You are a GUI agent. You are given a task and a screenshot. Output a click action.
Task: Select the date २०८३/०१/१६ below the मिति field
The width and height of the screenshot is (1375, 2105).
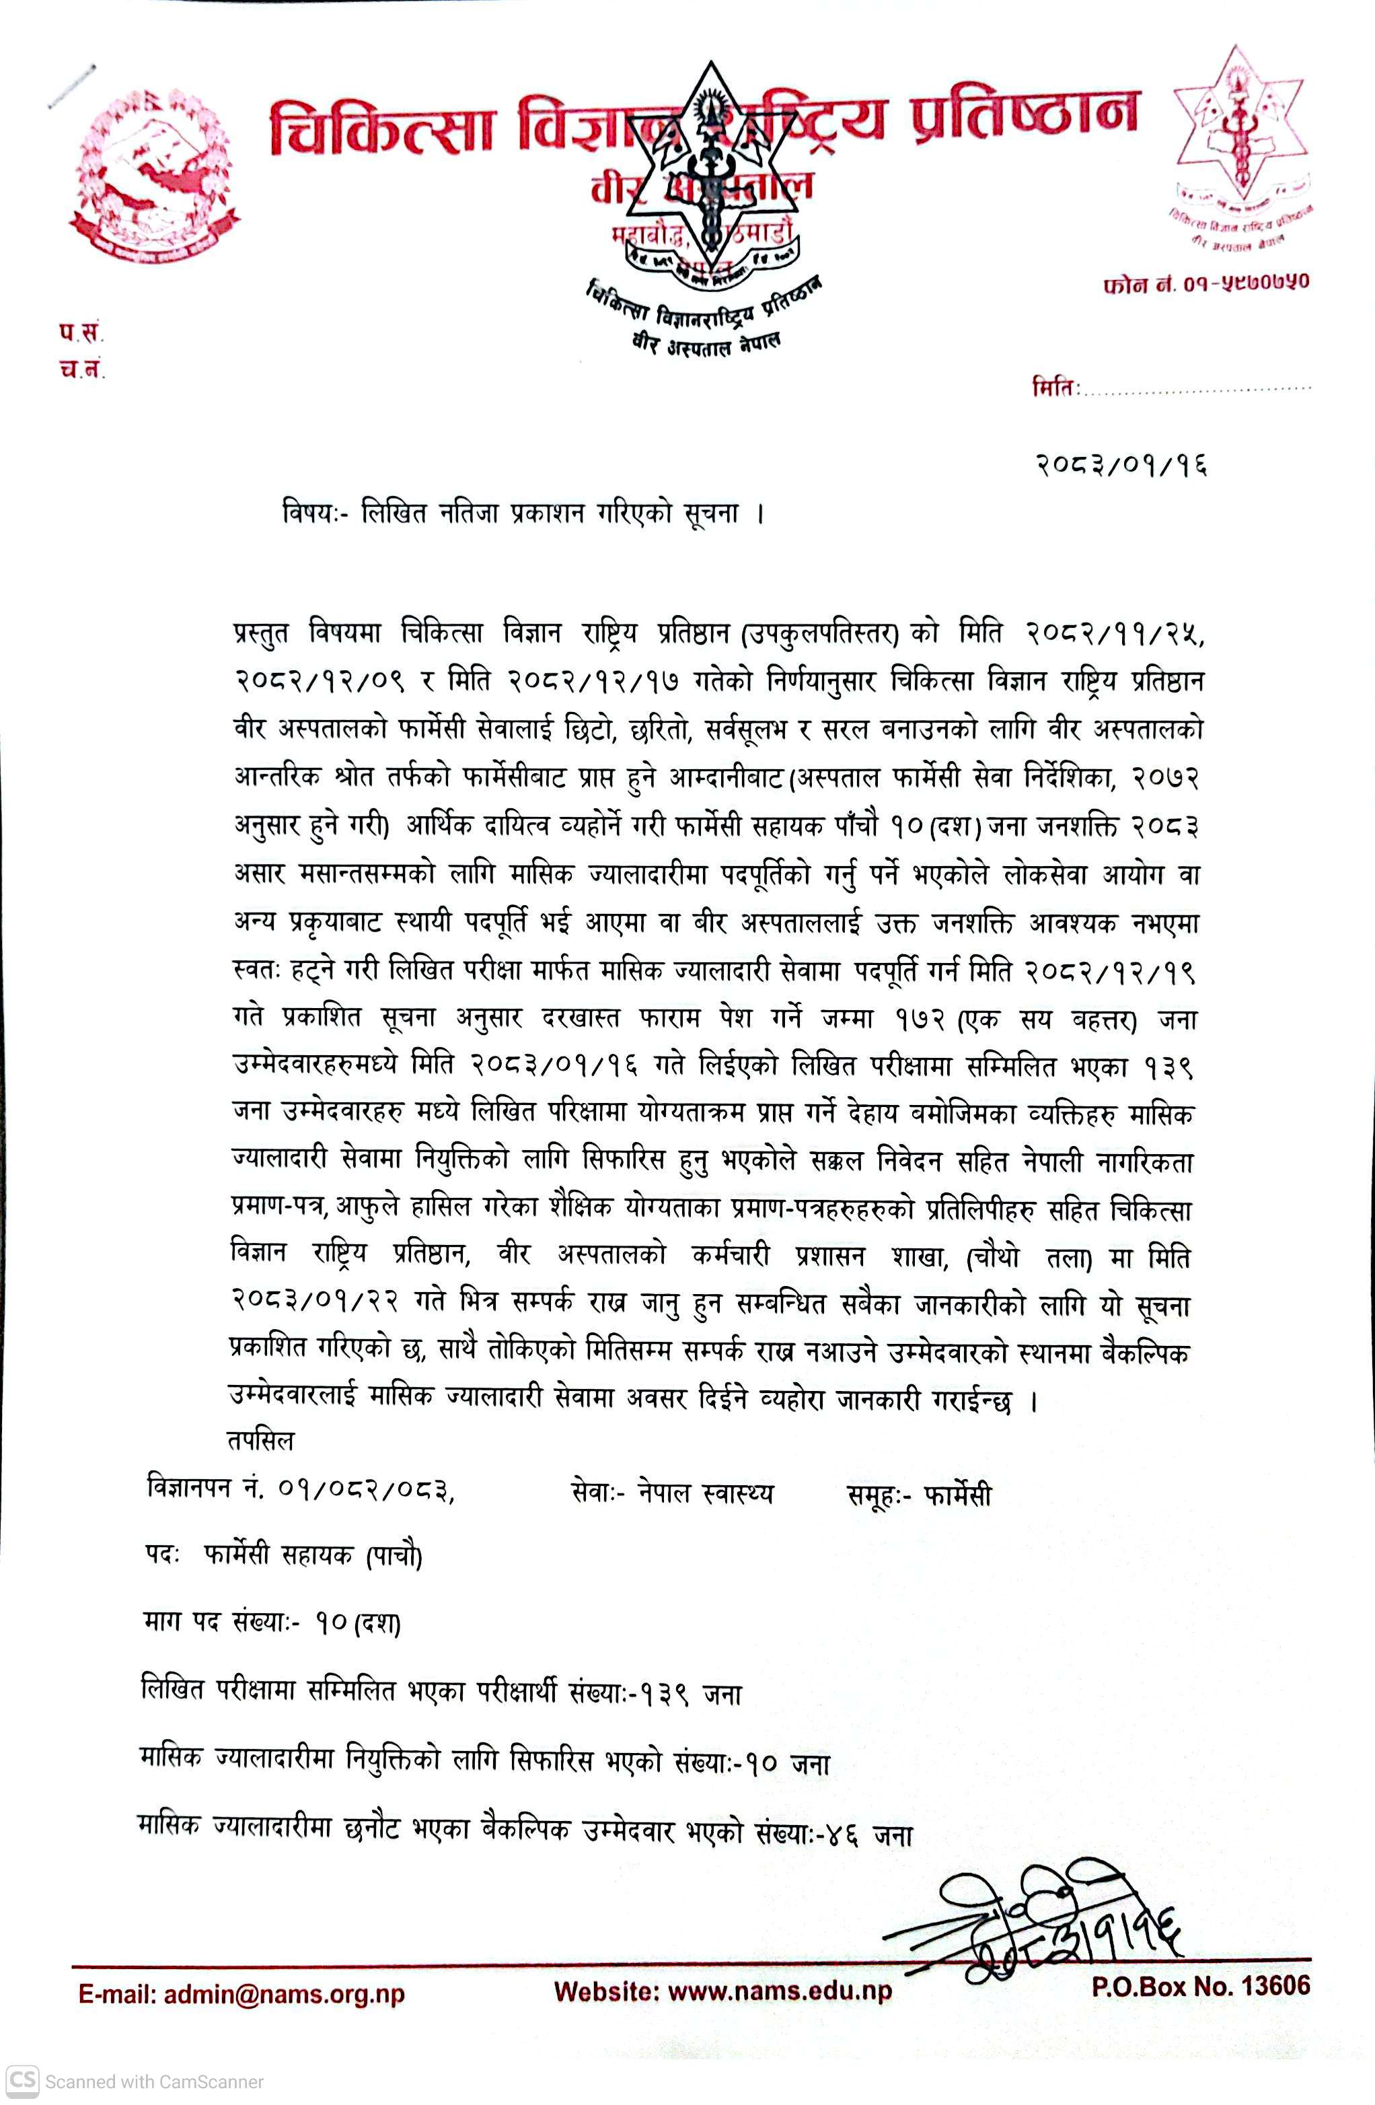click(x=1121, y=464)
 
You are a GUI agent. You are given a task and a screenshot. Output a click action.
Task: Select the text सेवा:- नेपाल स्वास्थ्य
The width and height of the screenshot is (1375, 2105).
click(x=672, y=1494)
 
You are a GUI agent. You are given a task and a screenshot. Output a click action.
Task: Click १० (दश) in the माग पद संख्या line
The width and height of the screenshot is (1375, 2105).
click(x=358, y=1624)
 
